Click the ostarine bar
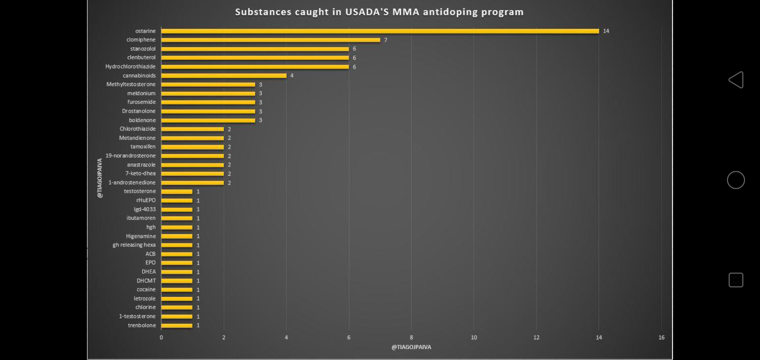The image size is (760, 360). pyautogui.click(x=380, y=31)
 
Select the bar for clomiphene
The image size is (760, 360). pyautogui.click(x=270, y=40)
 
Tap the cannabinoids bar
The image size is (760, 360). pyautogui.click(x=224, y=76)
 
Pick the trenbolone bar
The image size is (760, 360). pyautogui.click(x=177, y=325)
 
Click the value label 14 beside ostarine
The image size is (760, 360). pyautogui.click(x=606, y=31)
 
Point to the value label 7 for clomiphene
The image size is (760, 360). pyautogui.click(x=386, y=40)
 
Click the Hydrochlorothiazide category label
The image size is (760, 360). pyautogui.click(x=130, y=67)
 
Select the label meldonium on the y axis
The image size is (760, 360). pyautogui.click(x=141, y=93)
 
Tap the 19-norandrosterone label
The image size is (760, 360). pyautogui.click(x=130, y=156)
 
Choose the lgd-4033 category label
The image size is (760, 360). pyautogui.click(x=145, y=209)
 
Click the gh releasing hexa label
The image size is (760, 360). pyautogui.click(x=134, y=245)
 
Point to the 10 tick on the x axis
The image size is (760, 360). pyautogui.click(x=474, y=338)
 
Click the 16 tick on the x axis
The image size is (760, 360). pyautogui.click(x=661, y=338)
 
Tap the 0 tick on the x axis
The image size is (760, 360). pyautogui.click(x=161, y=338)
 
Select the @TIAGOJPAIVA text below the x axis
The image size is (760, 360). pyautogui.click(x=411, y=347)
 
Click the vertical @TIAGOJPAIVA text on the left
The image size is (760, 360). pyautogui.click(x=100, y=178)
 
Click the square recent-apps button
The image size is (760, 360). pyautogui.click(x=736, y=280)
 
